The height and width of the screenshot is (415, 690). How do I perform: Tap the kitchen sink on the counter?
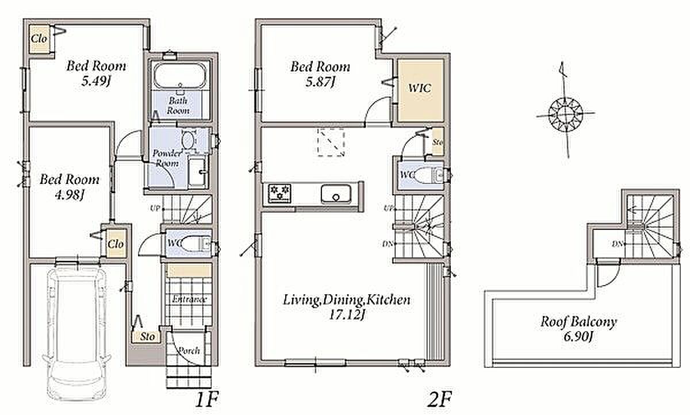336,194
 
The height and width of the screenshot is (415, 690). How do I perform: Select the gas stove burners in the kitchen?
280,193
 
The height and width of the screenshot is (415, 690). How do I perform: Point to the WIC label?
420,89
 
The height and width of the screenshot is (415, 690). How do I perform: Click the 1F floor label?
207,399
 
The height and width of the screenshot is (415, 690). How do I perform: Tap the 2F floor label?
439,399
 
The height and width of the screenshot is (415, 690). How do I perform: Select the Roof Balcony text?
579,322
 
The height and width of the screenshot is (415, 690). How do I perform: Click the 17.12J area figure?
347,315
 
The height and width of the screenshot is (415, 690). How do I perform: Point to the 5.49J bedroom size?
96,81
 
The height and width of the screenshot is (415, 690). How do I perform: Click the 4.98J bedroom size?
70,195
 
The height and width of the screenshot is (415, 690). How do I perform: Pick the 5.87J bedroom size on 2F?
320,82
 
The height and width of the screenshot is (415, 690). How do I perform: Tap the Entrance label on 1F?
189,299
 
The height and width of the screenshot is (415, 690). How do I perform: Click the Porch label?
189,351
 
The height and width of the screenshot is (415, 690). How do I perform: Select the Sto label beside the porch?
147,336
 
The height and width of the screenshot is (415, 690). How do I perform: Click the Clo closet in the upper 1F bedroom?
39,39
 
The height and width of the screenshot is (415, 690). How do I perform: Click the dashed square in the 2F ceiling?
331,143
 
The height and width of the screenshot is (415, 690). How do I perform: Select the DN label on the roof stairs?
617,244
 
